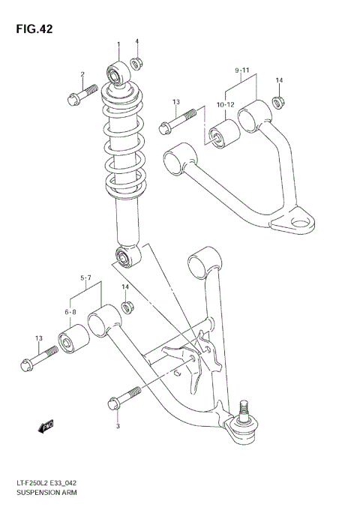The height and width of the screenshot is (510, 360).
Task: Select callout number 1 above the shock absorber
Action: click(118, 43)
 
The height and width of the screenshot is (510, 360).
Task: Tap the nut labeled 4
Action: click(136, 62)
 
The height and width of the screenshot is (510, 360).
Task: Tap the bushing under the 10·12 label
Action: click(222, 136)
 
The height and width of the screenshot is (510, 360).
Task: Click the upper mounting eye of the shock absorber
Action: click(118, 73)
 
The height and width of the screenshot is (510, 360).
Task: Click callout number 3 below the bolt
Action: click(118, 427)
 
